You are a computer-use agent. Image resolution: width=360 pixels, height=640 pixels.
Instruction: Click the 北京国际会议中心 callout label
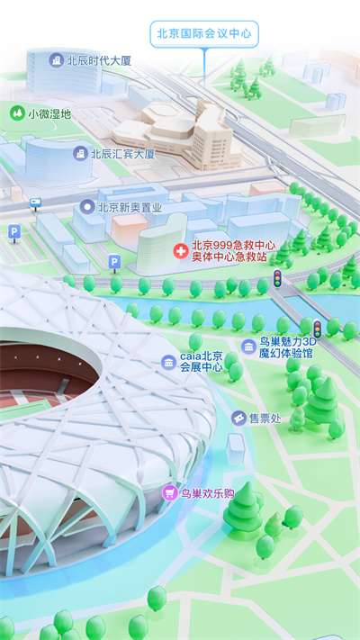coord(203,34)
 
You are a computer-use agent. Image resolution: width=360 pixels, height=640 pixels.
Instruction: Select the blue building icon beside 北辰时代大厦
coord(57,60)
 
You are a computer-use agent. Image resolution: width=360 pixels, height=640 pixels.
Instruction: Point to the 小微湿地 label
coord(49,114)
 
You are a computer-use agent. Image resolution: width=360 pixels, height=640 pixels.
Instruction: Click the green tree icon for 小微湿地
coord(16,113)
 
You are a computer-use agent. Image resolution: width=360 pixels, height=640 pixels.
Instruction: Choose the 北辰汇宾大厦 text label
coord(122,154)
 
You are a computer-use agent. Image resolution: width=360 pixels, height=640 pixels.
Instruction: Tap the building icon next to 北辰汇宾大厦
coord(80,154)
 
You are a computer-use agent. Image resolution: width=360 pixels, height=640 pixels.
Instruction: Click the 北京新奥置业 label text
coord(130,207)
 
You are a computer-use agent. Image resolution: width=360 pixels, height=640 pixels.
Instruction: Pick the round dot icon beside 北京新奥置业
coord(86,207)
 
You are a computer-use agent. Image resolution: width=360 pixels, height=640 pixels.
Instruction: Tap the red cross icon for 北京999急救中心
coord(180,247)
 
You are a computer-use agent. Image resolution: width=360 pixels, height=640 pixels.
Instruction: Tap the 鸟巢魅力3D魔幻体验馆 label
coord(288,347)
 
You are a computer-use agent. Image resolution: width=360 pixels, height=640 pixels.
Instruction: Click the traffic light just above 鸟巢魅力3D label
coord(317,328)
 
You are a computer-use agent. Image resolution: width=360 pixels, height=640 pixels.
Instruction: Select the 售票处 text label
coord(265,419)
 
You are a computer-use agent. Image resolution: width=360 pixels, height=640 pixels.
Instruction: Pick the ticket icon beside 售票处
coord(238,419)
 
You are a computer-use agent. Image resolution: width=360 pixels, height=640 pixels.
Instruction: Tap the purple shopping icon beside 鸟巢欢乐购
coord(168,493)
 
